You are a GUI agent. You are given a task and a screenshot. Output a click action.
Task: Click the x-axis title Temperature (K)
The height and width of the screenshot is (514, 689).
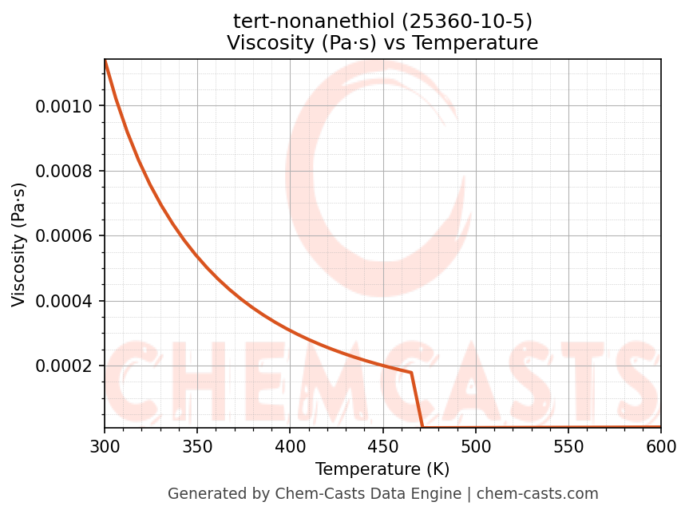pos(382,469)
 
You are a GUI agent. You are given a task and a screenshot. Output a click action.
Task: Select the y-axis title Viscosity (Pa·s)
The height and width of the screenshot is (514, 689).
pos(19,244)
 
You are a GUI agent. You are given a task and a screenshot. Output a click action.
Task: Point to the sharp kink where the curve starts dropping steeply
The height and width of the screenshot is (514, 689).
pos(411,373)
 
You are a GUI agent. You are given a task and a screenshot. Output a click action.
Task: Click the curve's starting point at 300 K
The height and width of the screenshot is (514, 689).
pos(105,61)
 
